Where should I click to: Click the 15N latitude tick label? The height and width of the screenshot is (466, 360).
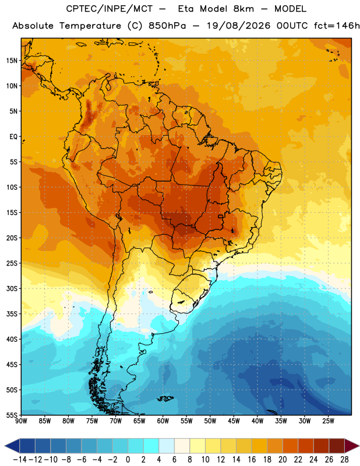tap(12, 61)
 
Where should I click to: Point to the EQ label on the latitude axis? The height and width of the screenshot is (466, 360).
tap(13, 137)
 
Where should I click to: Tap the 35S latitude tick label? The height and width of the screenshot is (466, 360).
tap(12, 314)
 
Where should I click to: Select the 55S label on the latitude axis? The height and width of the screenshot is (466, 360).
tap(12, 415)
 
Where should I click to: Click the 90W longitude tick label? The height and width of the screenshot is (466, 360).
tap(21, 421)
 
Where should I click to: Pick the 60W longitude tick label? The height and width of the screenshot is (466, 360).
tap(163, 421)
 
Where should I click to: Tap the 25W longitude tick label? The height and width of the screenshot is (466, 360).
tap(328, 421)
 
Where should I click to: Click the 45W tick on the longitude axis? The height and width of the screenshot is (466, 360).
tap(234, 421)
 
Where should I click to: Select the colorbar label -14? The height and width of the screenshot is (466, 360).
tap(20, 460)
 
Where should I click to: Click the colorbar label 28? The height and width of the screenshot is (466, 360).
tap(344, 460)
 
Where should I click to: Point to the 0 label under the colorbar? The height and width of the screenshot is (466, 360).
tap(128, 460)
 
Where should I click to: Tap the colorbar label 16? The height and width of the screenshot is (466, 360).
tap(252, 460)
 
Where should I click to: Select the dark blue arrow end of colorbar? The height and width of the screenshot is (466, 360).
tap(12, 446)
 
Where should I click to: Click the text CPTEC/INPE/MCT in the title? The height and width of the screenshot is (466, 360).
tap(109, 9)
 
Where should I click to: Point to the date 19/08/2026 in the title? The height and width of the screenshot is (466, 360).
tap(238, 26)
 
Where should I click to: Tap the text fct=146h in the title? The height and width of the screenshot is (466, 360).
tap(337, 26)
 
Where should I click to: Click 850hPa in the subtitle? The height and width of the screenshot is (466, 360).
tap(167, 26)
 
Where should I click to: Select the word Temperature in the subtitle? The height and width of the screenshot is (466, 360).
tap(90, 26)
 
